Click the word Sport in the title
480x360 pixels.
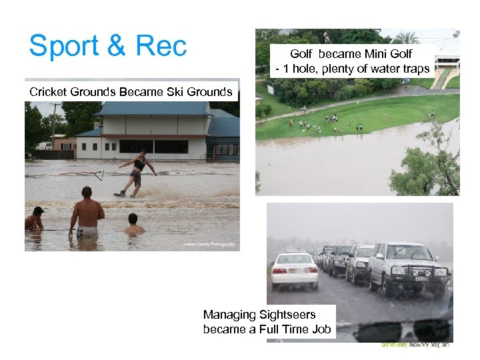tap(63, 46)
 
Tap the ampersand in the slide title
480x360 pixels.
tap(116, 46)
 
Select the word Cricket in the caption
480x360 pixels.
tap(48, 91)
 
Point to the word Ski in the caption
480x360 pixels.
tap(162, 91)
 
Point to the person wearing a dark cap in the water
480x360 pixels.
tap(35, 219)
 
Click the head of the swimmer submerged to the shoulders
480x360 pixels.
tap(133, 219)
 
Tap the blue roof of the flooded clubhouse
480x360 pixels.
tap(153, 109)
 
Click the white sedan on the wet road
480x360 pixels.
tap(293, 269)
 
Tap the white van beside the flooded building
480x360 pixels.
tap(44, 145)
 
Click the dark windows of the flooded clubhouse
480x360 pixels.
tap(153, 147)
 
